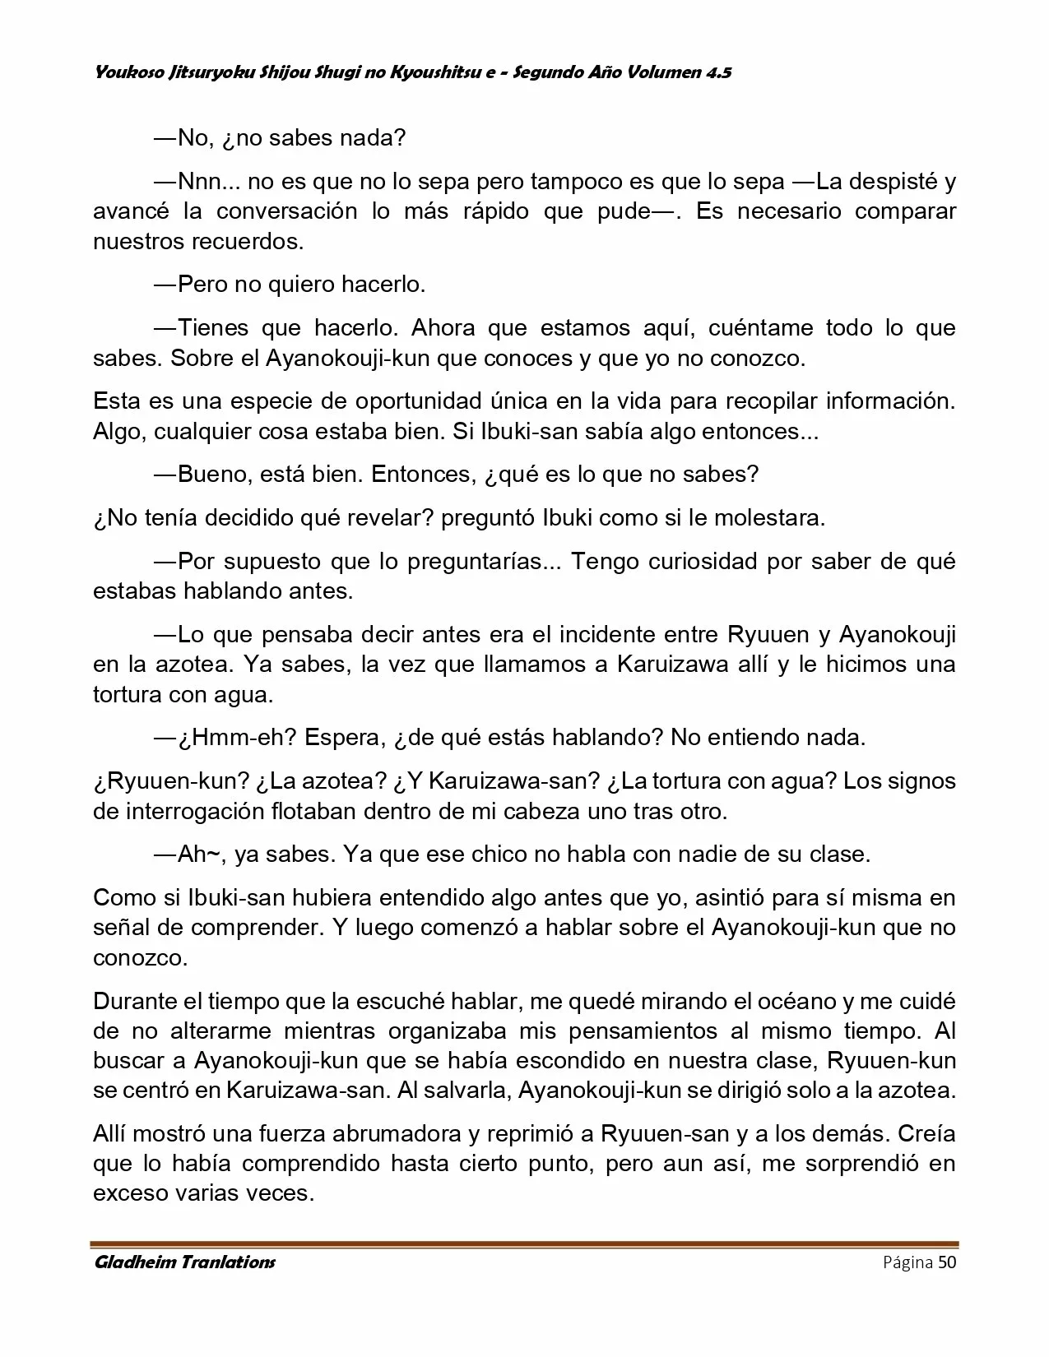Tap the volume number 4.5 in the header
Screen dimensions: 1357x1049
coord(717,72)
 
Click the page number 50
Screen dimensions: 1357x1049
coord(946,1262)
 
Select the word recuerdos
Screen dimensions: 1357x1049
coord(248,242)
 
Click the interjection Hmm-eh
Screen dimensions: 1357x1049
coord(238,737)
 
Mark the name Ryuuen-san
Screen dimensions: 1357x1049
coord(665,1134)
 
